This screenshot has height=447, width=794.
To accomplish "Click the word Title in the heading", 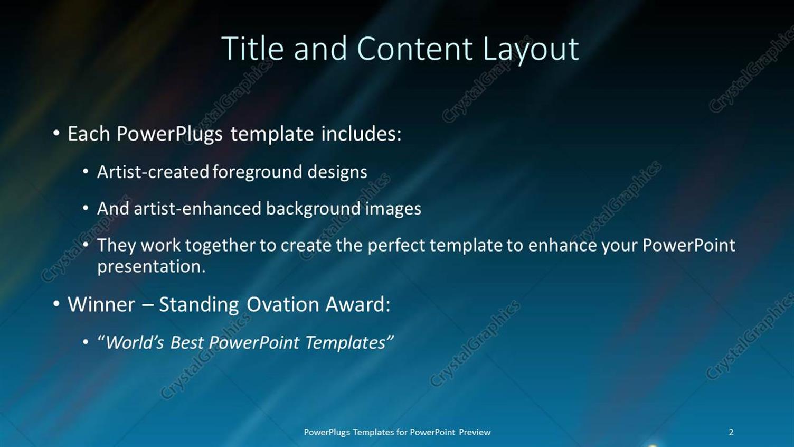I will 252,49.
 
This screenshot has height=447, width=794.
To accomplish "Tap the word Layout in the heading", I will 531,50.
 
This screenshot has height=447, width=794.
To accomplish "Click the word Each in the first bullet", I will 89,134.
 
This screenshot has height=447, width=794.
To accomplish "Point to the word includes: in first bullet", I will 361,134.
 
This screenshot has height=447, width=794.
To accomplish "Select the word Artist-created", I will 153,172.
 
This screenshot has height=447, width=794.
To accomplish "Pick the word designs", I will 337,172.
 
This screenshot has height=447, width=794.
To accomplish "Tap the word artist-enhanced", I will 197,209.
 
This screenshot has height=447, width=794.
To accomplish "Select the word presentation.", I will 151,267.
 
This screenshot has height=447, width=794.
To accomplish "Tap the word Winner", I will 101,304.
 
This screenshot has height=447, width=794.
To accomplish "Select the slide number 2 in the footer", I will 731,432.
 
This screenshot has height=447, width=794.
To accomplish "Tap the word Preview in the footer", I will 475,432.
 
